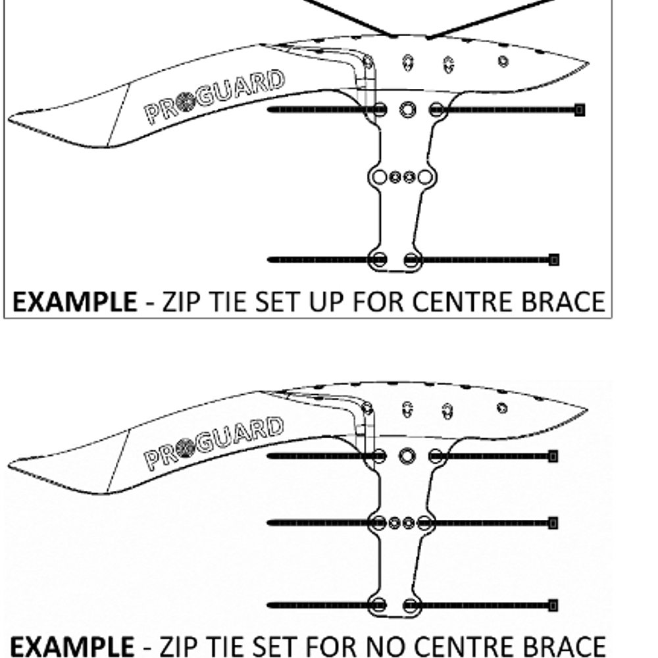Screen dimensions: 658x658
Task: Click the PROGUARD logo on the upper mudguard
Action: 214,97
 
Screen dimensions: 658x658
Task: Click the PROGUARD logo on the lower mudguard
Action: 213,443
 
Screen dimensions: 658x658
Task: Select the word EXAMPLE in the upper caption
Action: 75,302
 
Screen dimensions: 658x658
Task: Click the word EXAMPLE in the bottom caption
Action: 72,646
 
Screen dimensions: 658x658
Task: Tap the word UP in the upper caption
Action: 327,302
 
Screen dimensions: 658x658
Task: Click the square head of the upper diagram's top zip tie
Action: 579,110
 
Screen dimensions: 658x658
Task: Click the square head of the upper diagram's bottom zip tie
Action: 554,260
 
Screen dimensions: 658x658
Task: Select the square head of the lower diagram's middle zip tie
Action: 553,523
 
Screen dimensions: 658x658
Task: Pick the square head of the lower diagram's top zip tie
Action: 553,456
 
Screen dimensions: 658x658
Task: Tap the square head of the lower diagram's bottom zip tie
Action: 553,605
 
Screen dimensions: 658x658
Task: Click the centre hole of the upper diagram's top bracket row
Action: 407,109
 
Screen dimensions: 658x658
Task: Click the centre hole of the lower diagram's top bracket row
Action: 407,456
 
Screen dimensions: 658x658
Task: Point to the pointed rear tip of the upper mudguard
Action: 589,63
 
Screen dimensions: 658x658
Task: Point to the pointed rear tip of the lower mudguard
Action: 588,409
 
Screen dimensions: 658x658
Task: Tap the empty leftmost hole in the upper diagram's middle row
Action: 380,177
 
